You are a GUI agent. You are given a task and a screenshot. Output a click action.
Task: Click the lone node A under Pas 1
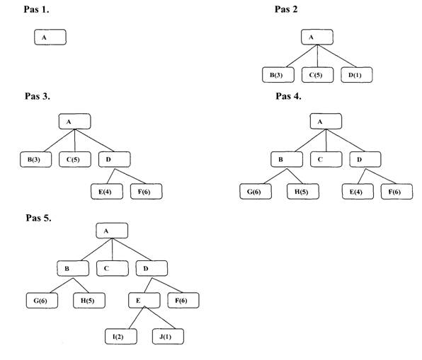click(50, 37)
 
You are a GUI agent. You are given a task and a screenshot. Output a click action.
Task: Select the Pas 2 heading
click(286, 9)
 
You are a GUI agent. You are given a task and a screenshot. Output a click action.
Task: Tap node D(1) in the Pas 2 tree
click(357, 75)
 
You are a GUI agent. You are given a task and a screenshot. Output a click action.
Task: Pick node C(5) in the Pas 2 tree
click(317, 75)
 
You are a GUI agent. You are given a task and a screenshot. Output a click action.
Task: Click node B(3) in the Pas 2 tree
click(278, 75)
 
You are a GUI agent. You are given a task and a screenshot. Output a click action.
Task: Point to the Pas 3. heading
click(38, 96)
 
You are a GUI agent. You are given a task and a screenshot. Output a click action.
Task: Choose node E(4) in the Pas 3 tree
click(107, 192)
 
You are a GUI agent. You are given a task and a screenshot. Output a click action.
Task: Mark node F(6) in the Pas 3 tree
click(146, 192)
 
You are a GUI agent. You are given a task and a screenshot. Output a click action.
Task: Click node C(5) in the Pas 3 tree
click(75, 159)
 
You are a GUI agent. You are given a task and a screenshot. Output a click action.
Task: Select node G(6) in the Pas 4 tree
click(256, 192)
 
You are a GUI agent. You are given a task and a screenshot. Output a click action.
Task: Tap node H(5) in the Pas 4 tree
click(303, 192)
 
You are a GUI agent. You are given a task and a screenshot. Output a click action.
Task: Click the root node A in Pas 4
click(326, 121)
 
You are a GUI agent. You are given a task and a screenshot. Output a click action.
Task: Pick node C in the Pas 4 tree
click(326, 159)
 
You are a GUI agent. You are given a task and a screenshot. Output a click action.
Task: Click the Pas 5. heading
click(38, 218)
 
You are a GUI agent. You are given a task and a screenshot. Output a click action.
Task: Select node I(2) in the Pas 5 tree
click(121, 337)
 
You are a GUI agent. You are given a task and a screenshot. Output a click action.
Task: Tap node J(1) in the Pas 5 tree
click(168, 337)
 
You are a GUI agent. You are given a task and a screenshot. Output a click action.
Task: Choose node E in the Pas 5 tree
click(144, 301)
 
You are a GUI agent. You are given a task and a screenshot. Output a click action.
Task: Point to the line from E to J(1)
click(160, 318)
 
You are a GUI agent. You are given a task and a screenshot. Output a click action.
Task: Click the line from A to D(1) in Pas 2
click(337, 56)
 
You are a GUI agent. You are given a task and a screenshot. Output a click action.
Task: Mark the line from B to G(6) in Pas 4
click(275, 176)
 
